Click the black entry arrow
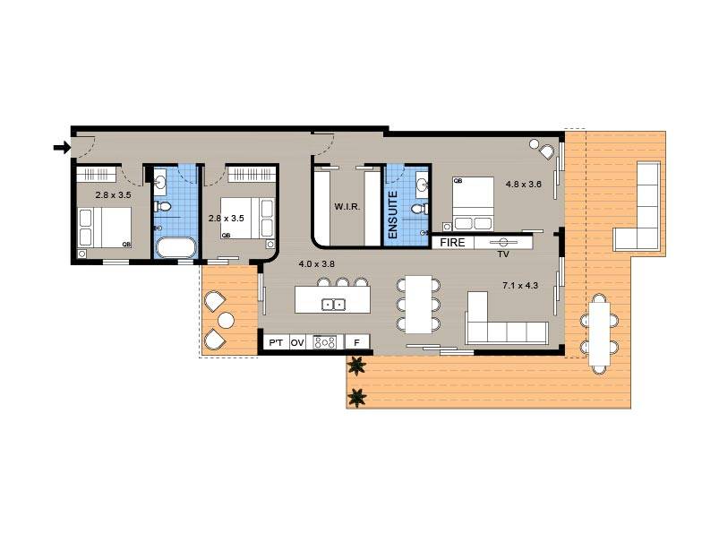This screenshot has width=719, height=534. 62,147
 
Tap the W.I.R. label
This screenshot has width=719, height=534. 347,207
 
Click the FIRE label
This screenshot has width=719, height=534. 452,242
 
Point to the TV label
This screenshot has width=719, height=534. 503,254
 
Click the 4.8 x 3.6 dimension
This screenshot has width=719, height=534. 524,185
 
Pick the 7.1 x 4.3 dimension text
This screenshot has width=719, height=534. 519,286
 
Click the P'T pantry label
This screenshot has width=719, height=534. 275,342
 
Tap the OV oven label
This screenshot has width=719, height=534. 297,342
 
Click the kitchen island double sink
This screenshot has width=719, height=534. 334,305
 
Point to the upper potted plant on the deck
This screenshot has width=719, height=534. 357,365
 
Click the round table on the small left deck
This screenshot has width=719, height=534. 227,320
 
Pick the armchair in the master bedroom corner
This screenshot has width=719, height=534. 539,146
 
